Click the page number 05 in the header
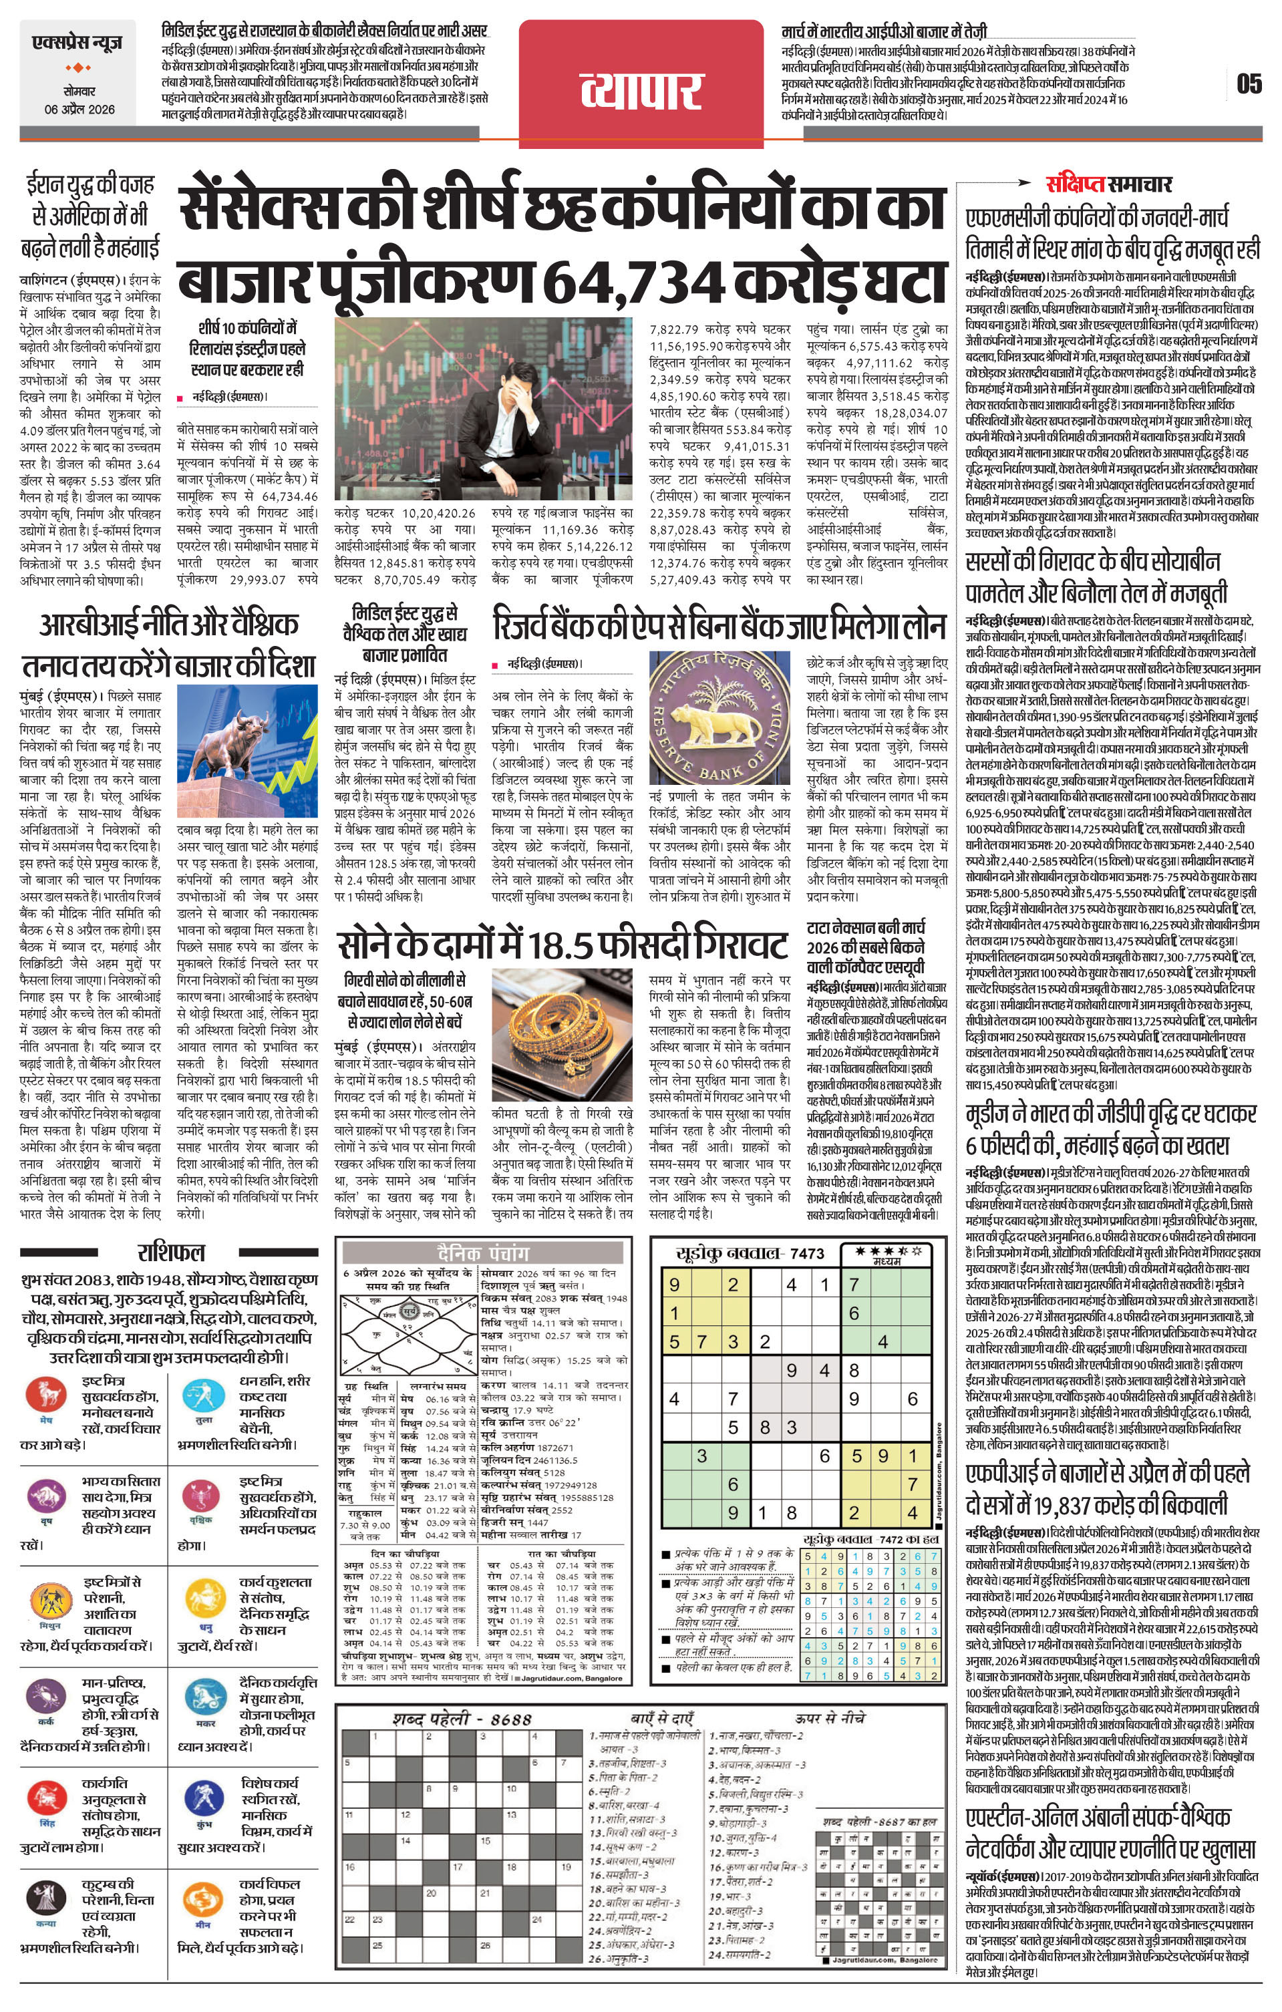(x=1249, y=84)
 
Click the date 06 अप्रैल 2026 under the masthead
(x=80, y=110)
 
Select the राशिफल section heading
(x=170, y=1252)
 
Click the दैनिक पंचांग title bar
(x=483, y=1253)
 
